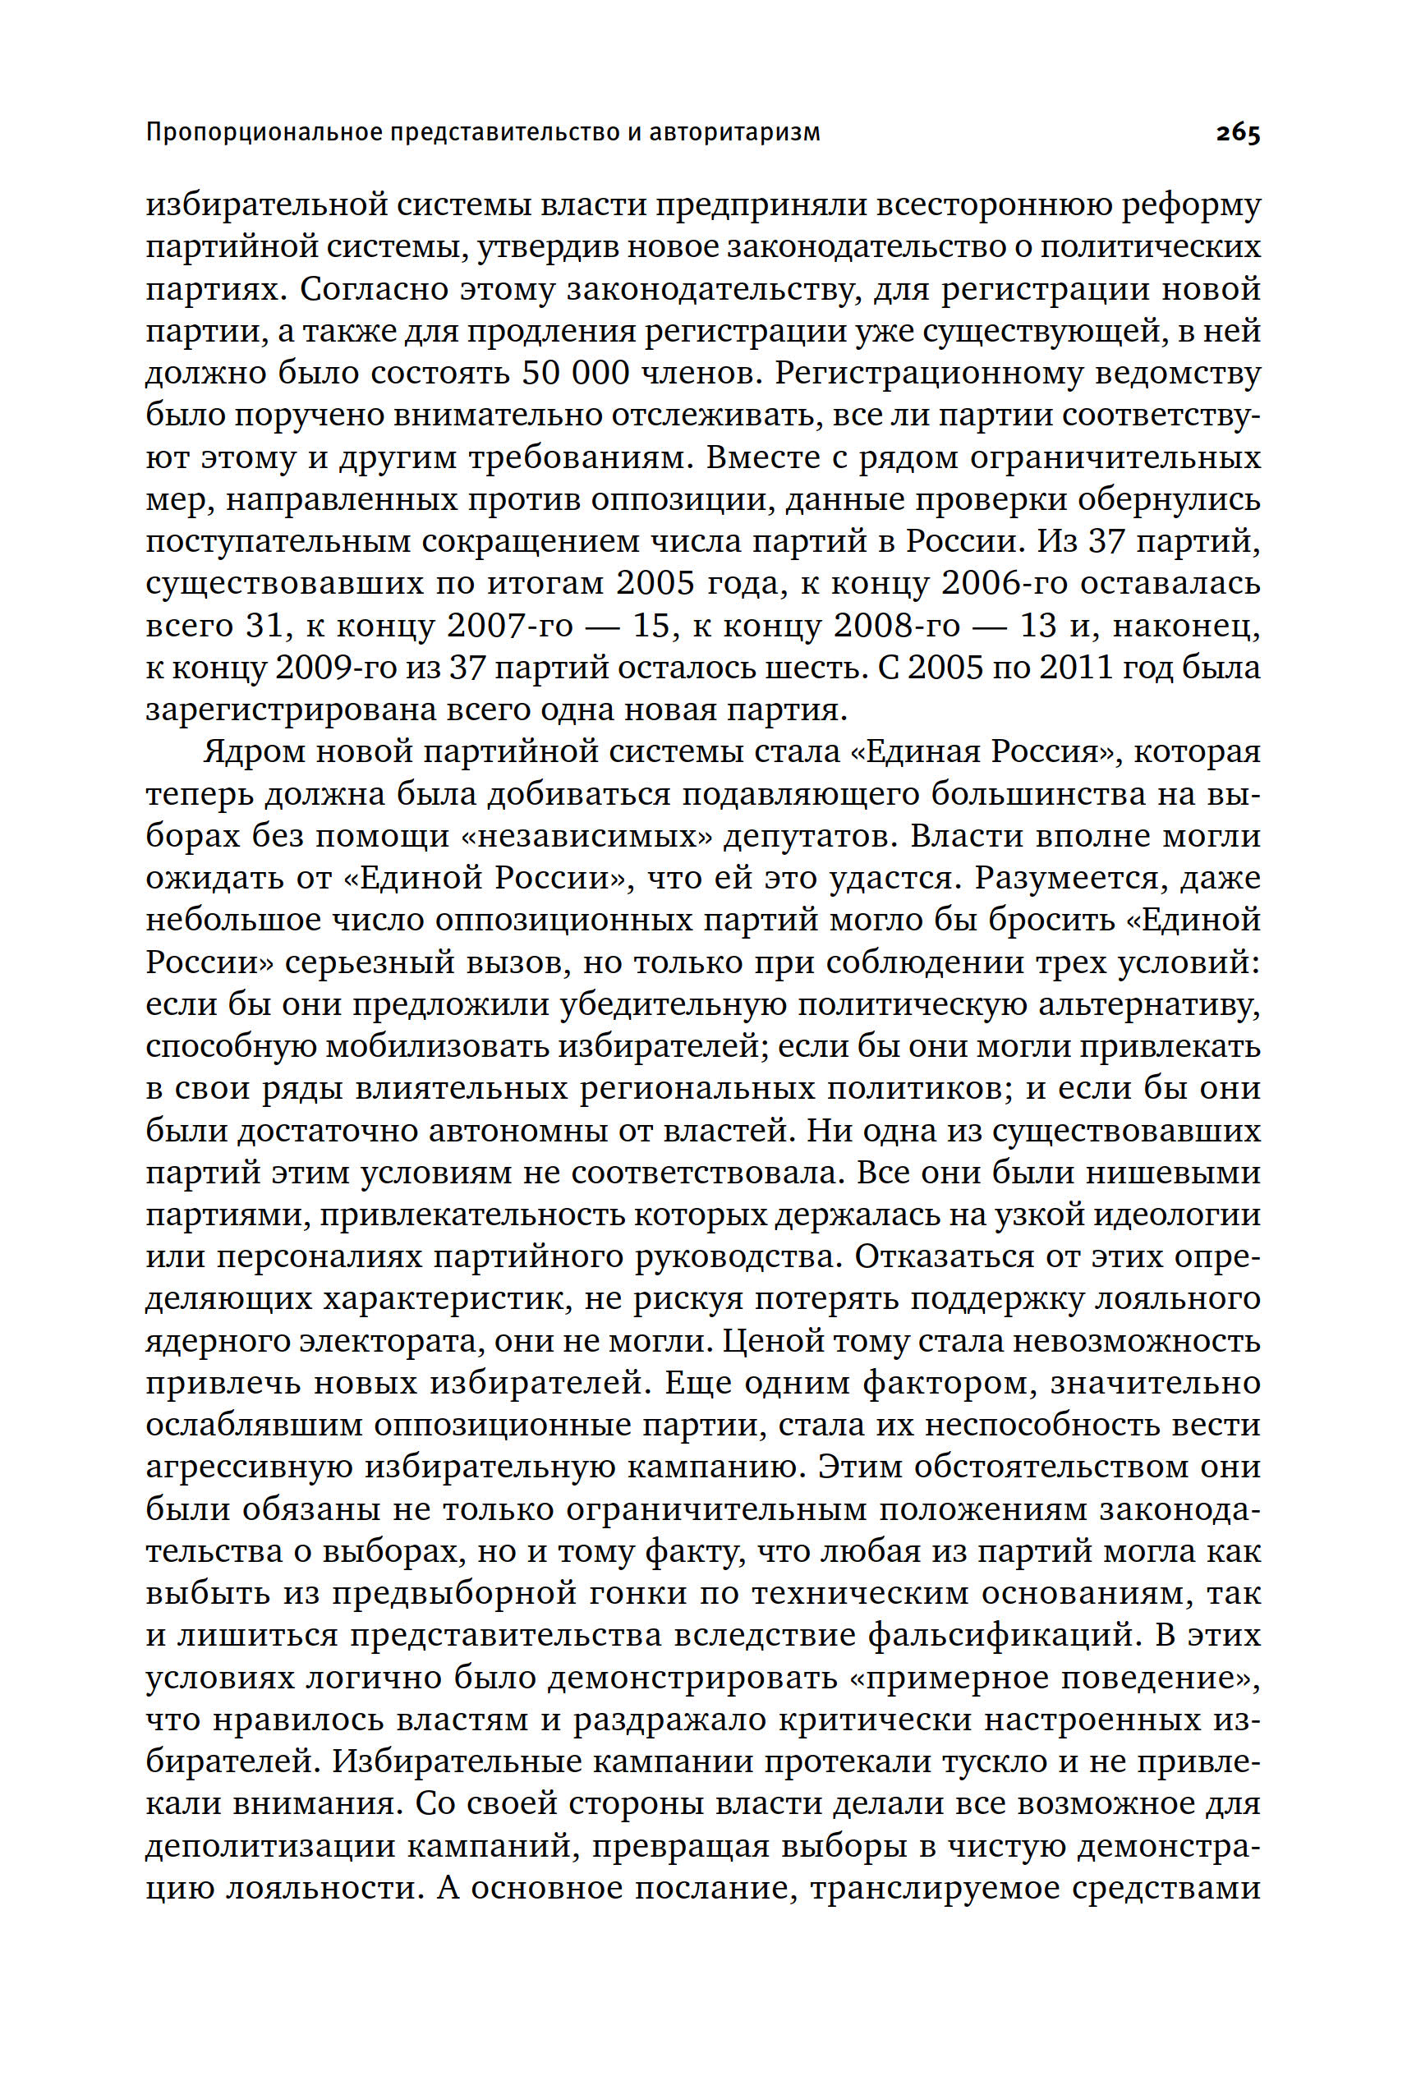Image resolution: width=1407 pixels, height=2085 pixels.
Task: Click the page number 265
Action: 1238,134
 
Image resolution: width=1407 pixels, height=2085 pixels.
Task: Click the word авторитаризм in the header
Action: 736,134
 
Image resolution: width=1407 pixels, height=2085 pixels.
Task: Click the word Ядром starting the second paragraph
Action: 255,752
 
